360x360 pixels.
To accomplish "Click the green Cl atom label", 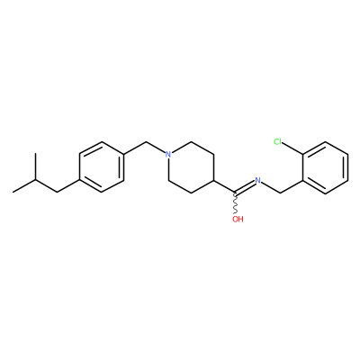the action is click(x=278, y=141).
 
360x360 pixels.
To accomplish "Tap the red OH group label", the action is click(x=238, y=219).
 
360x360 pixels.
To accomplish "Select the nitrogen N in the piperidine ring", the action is click(x=168, y=155).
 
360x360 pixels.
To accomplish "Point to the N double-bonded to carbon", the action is click(x=257, y=180).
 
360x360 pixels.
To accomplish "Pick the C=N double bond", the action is click(x=245, y=186).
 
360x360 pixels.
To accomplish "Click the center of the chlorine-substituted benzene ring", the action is click(x=326, y=167).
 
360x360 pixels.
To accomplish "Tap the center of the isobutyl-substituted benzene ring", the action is click(x=102, y=167).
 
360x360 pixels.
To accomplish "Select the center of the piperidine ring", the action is click(x=191, y=167).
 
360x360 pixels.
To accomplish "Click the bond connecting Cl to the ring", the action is click(x=293, y=148).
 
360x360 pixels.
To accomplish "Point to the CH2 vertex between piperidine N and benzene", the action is click(x=147, y=142).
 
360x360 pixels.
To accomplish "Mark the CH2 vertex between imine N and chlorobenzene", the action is click(x=281, y=193).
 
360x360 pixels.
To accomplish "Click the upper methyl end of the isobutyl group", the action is click(x=35, y=154).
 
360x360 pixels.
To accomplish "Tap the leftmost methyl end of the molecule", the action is click(x=13, y=192).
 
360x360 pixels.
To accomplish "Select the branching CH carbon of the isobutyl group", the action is click(x=35, y=179).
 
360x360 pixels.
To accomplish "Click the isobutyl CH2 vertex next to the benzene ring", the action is click(x=57, y=192).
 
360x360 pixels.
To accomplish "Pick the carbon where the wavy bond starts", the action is click(x=236, y=193).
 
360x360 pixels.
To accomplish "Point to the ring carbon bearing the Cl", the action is click(x=303, y=155).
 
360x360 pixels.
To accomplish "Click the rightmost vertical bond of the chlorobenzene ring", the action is click(x=348, y=167).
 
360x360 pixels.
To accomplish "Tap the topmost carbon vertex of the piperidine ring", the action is click(x=191, y=142).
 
